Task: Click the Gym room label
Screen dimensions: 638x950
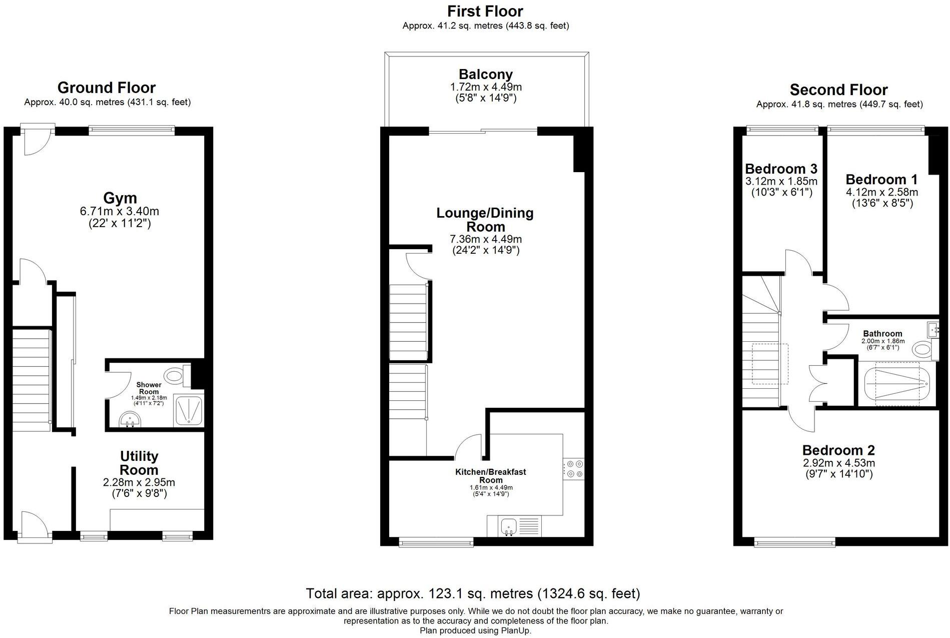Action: tap(120, 198)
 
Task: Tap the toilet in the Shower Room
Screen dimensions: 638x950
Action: tap(175, 374)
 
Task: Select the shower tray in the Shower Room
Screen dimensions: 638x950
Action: tap(189, 411)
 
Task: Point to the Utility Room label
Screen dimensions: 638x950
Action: tap(139, 463)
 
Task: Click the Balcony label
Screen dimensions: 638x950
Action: tap(486, 75)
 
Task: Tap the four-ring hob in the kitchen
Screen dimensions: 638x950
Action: tap(574, 469)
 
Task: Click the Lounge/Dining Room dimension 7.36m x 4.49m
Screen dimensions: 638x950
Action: tap(486, 239)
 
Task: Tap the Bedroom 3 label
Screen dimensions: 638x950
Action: tap(781, 169)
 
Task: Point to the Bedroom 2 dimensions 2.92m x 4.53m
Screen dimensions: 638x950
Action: tap(838, 463)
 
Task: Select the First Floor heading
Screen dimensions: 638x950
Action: tap(485, 11)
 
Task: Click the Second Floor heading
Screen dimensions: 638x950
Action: tap(838, 90)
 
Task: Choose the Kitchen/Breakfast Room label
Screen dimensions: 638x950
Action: tap(490, 475)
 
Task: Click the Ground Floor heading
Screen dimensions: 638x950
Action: tap(107, 88)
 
